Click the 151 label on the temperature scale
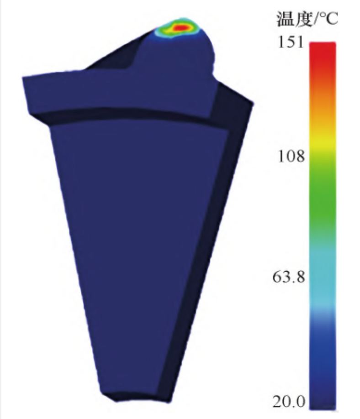291,42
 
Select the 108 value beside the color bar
291,156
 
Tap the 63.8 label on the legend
289,277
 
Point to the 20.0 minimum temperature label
289,401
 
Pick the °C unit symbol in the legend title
328,20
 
